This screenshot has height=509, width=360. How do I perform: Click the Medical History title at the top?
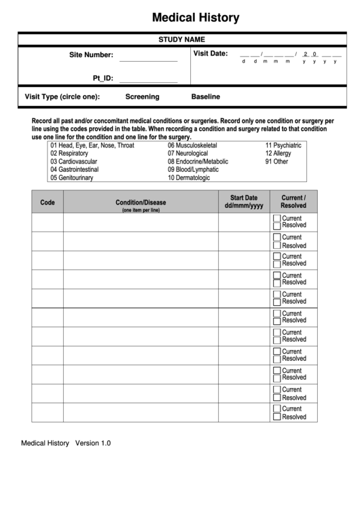click(195, 17)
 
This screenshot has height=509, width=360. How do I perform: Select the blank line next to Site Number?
click(148, 59)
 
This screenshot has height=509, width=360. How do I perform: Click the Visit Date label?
click(211, 54)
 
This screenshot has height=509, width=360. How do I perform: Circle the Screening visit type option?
click(143, 96)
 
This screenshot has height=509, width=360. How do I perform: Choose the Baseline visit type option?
click(206, 96)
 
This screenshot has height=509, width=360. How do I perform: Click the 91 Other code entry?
click(276, 162)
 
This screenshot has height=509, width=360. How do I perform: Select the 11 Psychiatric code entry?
click(283, 145)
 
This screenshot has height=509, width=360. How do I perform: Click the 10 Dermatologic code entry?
click(189, 178)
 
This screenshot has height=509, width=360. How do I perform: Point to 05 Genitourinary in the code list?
click(71, 178)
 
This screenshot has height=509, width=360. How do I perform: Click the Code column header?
click(48, 203)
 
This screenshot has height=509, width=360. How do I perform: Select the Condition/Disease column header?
click(141, 203)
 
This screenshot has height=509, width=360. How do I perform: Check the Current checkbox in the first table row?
click(276, 218)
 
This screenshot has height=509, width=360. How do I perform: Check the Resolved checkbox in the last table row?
click(276, 417)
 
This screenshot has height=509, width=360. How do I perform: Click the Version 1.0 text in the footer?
click(92, 443)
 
